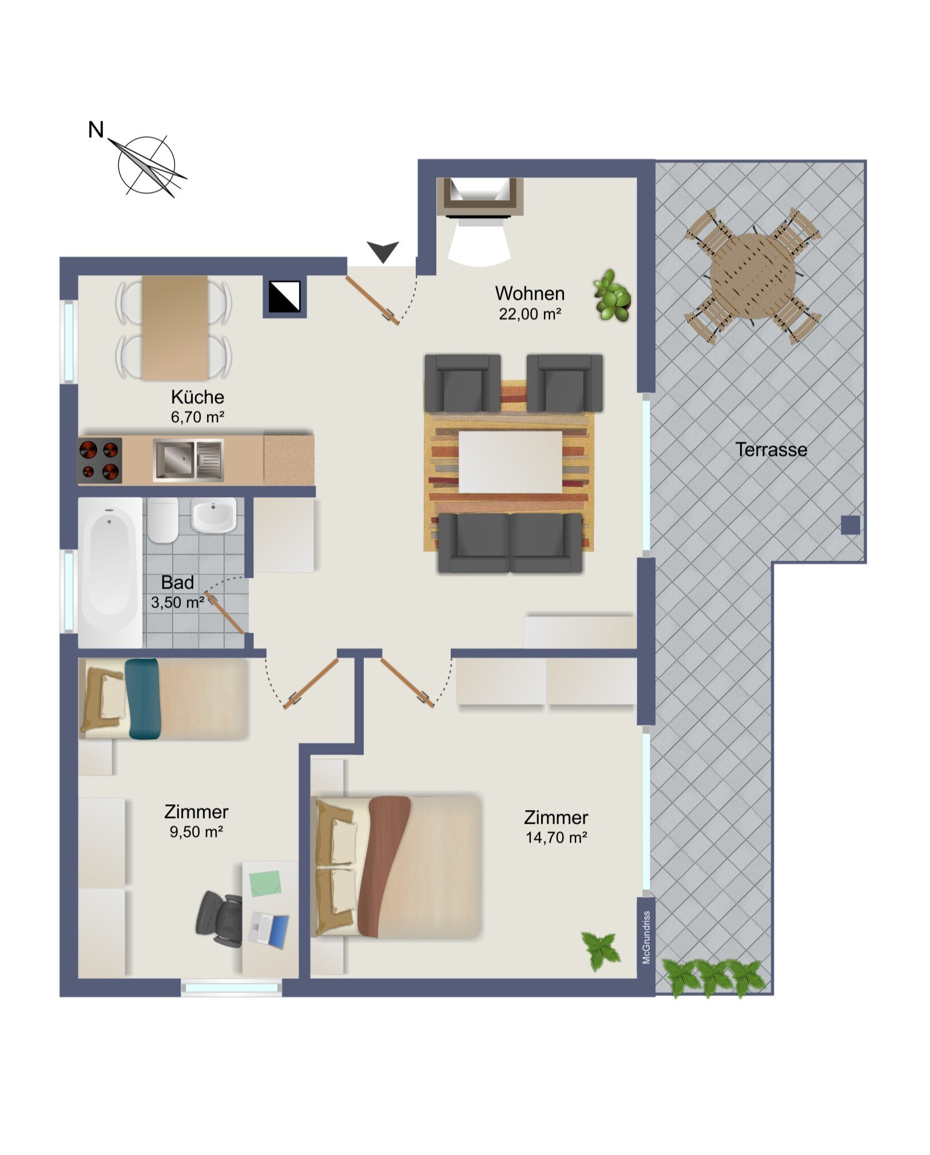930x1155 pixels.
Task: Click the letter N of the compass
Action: (96, 130)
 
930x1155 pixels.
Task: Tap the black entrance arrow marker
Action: (383, 251)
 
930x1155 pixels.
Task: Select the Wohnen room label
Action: (530, 293)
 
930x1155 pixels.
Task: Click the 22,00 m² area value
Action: (530, 313)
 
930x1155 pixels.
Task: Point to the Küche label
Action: (197, 396)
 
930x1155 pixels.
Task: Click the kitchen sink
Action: (188, 459)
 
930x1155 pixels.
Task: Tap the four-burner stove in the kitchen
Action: (100, 460)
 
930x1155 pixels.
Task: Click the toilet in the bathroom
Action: (163, 519)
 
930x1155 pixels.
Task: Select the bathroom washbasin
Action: (213, 515)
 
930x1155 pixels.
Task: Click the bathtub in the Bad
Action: (110, 572)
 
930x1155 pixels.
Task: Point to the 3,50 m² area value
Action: (177, 602)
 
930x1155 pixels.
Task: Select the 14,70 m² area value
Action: (557, 838)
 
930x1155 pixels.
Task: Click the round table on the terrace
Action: (753, 276)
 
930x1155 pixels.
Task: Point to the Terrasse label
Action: (771, 450)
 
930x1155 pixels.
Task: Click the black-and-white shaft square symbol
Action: (284, 296)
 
